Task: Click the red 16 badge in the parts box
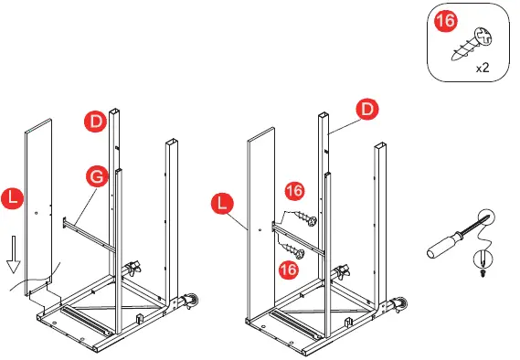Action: pos(446,21)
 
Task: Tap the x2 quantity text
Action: pos(483,68)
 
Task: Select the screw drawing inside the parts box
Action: pos(472,44)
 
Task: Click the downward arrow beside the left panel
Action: pos(14,254)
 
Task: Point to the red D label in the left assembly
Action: pos(96,122)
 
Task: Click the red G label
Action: pos(97,176)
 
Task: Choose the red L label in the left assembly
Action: pos(12,198)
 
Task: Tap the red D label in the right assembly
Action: pos(367,110)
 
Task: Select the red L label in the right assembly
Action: pos(222,203)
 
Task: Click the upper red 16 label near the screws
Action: pos(295,191)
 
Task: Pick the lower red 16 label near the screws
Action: pos(289,270)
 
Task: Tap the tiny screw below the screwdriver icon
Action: pos(483,273)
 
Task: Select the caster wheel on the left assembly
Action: pos(191,302)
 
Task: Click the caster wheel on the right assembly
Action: pos(400,304)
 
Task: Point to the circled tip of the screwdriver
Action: pos(487,217)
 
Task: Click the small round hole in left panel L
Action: pos(37,213)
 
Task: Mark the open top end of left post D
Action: pos(114,111)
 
